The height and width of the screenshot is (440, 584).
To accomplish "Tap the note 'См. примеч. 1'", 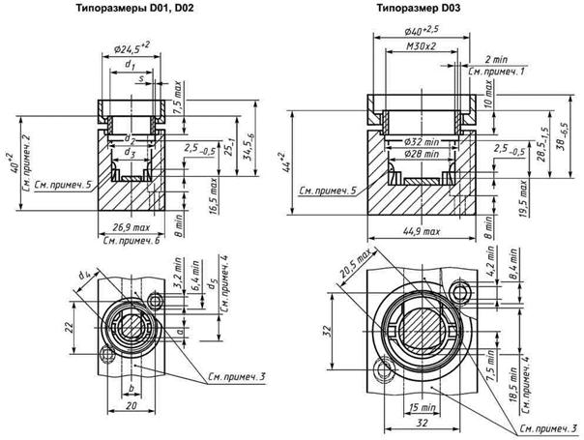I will pyautogui.click(x=495, y=72).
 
